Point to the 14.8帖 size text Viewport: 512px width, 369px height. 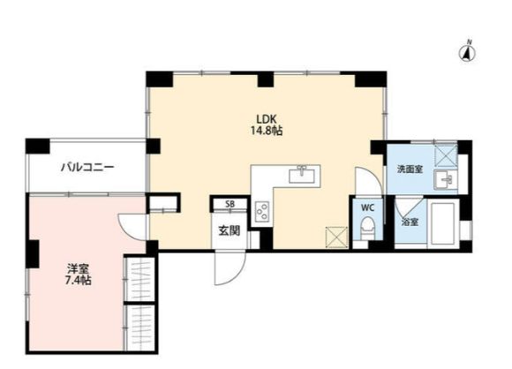click(x=265, y=131)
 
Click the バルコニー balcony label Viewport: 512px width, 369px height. click(x=87, y=166)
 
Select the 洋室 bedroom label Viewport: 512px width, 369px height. click(x=77, y=268)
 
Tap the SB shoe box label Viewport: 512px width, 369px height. click(x=230, y=205)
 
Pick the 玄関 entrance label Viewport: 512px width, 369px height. click(x=230, y=231)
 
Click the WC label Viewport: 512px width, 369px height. click(x=367, y=209)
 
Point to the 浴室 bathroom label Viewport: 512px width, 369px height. click(x=410, y=222)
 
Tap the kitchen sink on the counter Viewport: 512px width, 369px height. click(x=303, y=172)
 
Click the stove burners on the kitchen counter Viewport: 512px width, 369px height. click(x=262, y=211)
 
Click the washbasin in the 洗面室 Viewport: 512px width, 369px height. click(x=446, y=181)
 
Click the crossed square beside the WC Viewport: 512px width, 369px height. click(x=336, y=237)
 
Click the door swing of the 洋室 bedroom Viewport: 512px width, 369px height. click(x=133, y=227)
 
